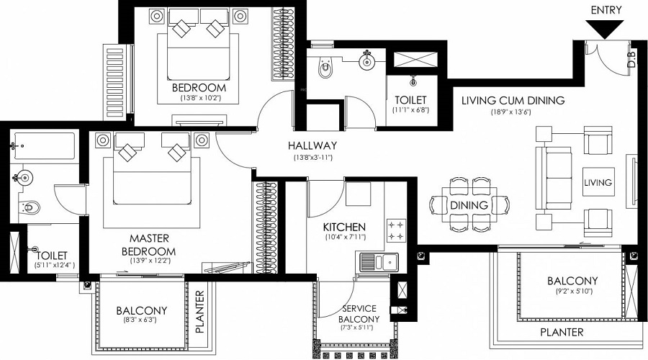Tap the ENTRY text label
pyautogui.click(x=606, y=9)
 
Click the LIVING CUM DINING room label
pyautogui.click(x=513, y=100)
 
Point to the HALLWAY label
pyautogui.click(x=312, y=145)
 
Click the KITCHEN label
pyautogui.click(x=344, y=226)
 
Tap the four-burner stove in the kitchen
pyautogui.click(x=396, y=231)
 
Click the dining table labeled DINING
pyautogui.click(x=469, y=204)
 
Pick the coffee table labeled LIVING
pyautogui.click(x=598, y=182)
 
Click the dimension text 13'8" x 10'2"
pyautogui.click(x=198, y=99)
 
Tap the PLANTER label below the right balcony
pyautogui.click(x=562, y=332)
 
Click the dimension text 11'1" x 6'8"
pyautogui.click(x=410, y=111)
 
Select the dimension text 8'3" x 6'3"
pyautogui.click(x=142, y=321)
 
